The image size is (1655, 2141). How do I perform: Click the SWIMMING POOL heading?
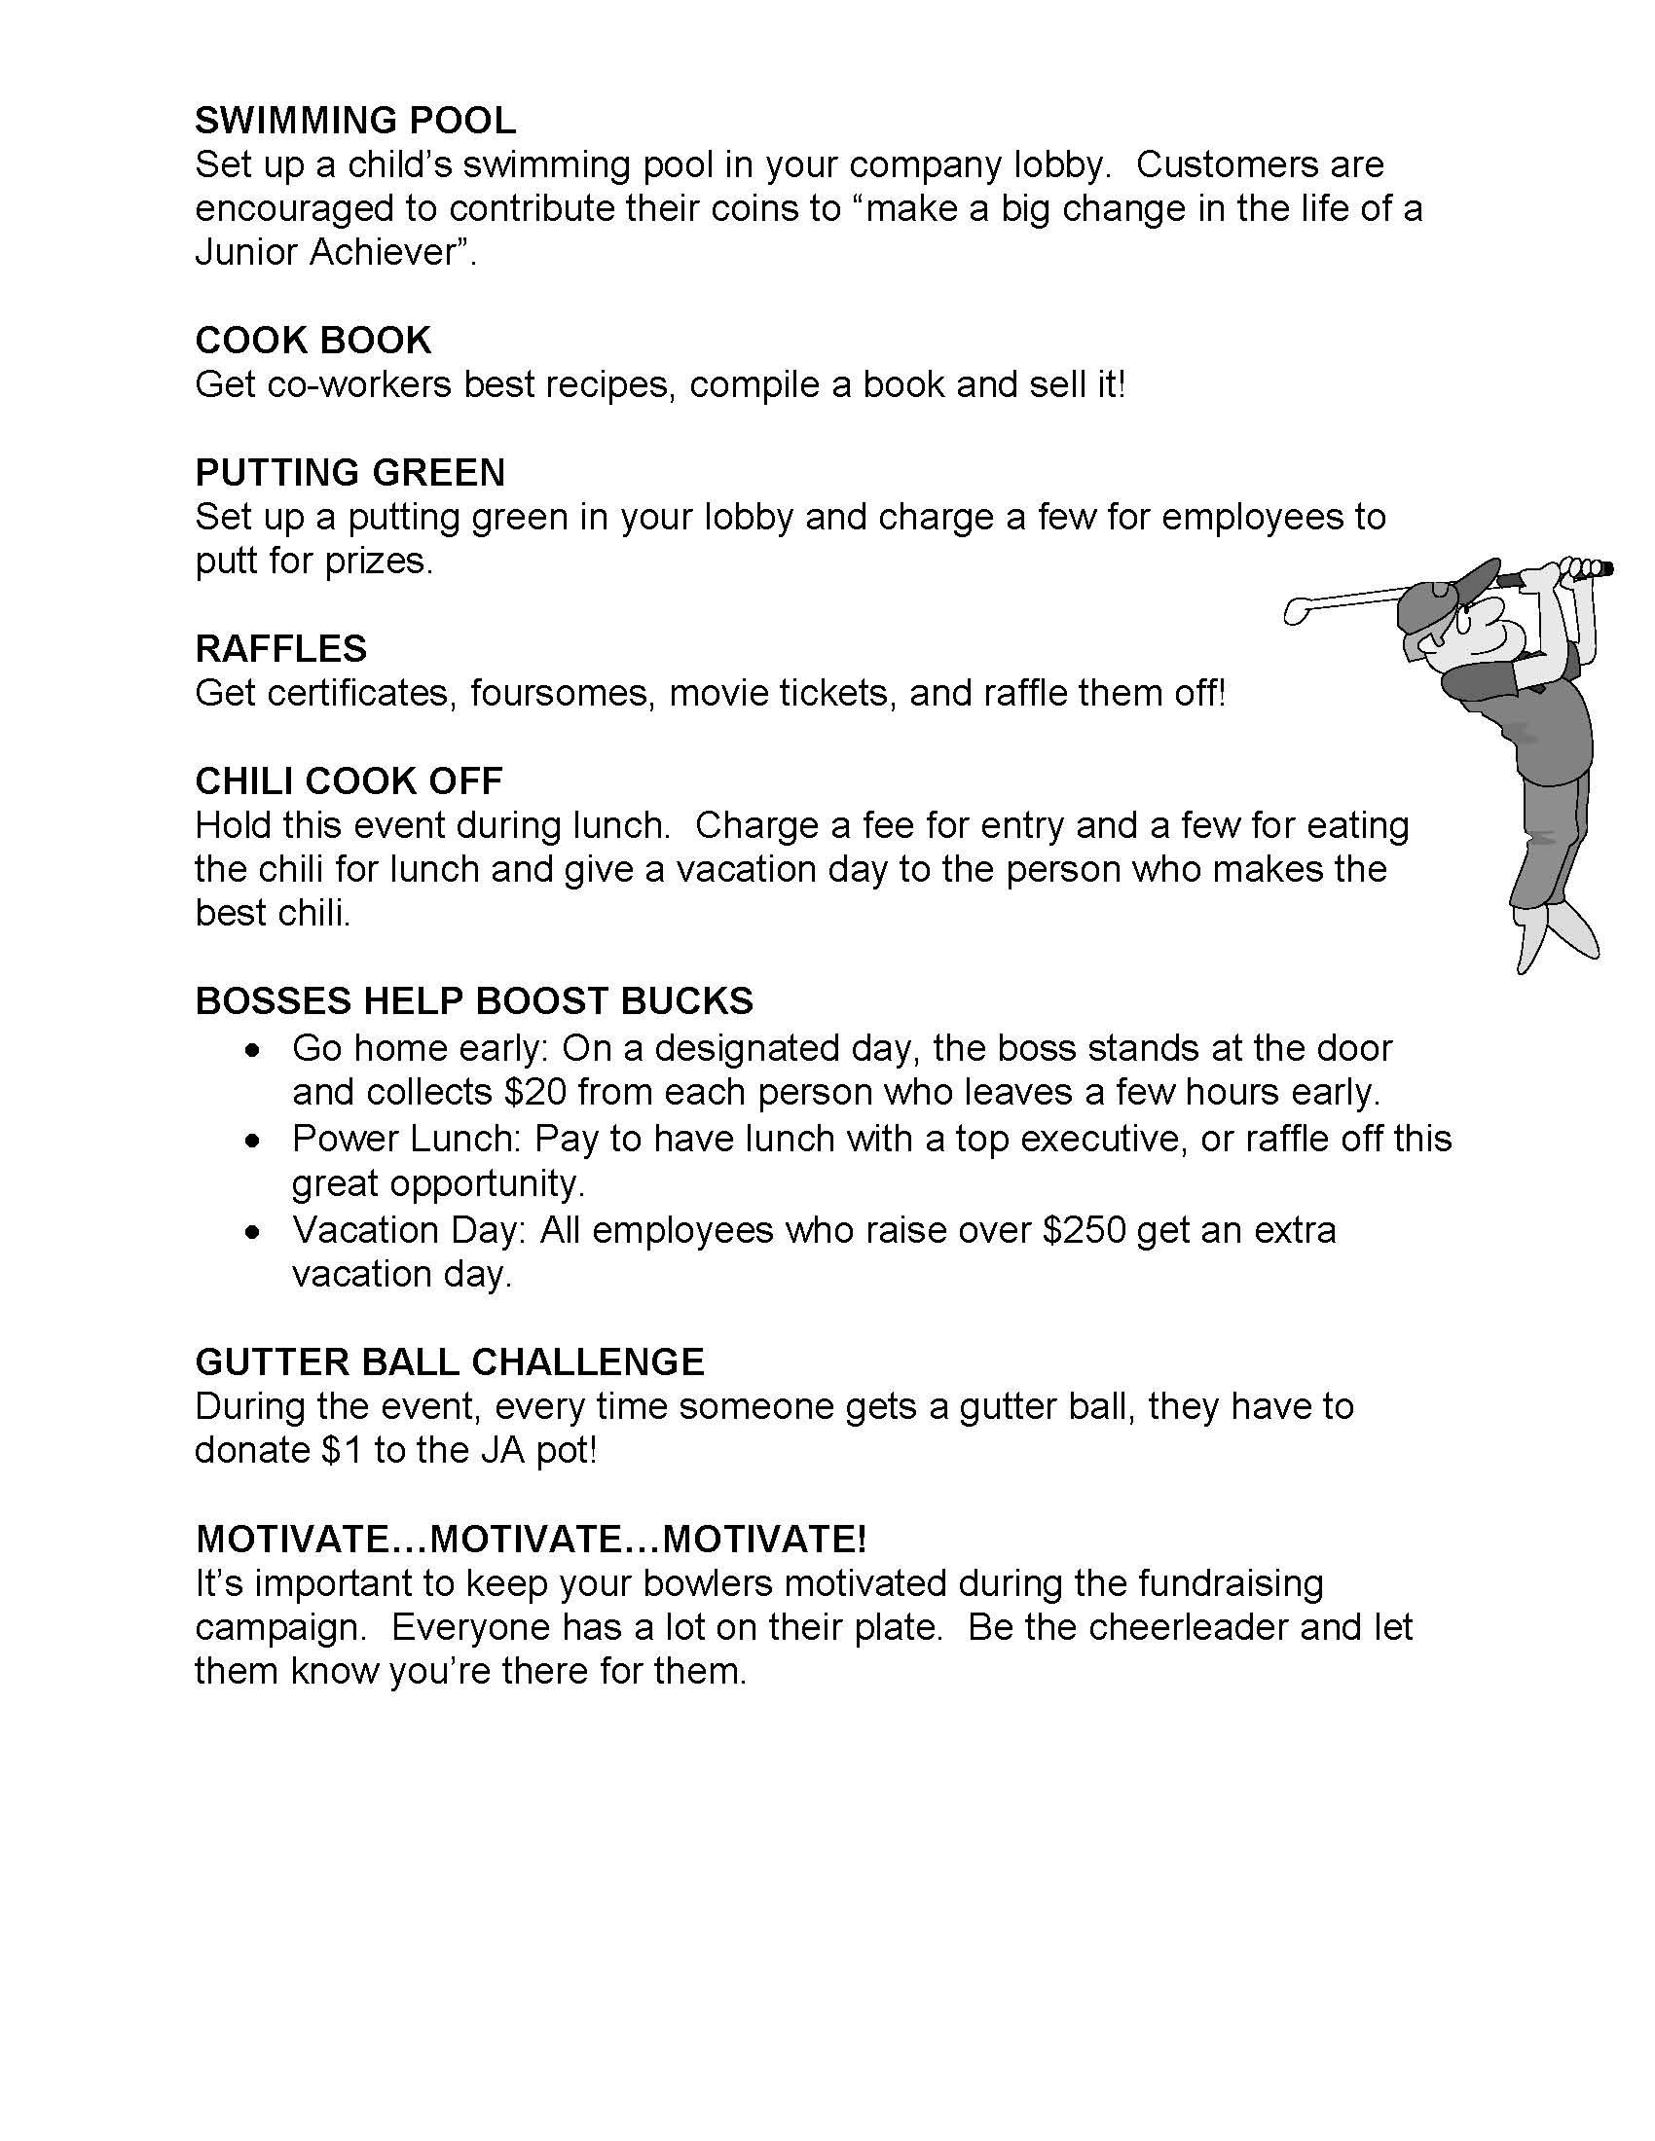coord(355,121)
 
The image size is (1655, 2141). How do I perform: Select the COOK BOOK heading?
coord(313,341)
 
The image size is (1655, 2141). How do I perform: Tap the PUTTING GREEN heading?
coord(350,473)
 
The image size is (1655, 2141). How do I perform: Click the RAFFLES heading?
coord(281,649)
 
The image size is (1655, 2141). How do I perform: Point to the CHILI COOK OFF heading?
coord(349,781)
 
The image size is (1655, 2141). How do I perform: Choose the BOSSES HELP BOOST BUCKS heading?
coord(473,1000)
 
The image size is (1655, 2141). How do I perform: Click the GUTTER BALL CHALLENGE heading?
coord(449,1361)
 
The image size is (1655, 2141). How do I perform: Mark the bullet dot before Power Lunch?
coord(254,1142)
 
